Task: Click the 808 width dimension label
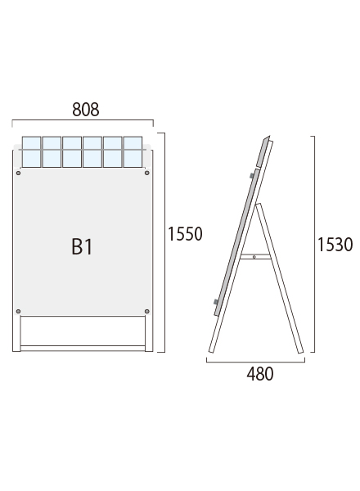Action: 85,110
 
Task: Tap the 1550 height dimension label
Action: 185,234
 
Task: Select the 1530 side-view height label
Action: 335,245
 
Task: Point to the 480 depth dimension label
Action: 260,374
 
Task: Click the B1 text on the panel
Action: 82,247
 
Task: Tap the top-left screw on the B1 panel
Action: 18,173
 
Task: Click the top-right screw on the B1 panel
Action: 146,173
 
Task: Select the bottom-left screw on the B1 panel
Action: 18,311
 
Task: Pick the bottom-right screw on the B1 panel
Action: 146,311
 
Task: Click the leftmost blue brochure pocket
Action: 31,152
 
